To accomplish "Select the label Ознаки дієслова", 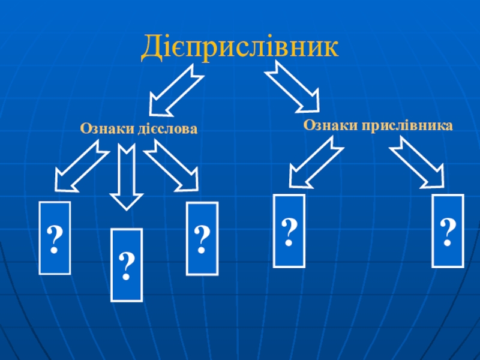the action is (x=139, y=128).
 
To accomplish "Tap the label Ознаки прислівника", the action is (x=377, y=125).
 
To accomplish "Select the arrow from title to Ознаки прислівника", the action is (x=292, y=88).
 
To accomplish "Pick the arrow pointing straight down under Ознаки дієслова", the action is (x=126, y=178).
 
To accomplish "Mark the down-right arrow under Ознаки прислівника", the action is (x=418, y=161).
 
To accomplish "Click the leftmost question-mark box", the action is (x=55, y=238).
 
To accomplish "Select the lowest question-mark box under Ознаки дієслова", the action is (x=127, y=264).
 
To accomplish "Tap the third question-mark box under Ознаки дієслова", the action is (x=202, y=238).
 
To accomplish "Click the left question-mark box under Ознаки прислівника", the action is (x=289, y=230).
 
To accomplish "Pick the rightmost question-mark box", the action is (x=448, y=230).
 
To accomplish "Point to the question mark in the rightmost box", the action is (x=448, y=231).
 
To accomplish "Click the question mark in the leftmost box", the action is (x=55, y=239).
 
